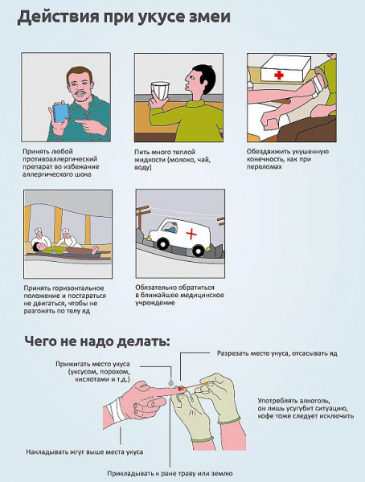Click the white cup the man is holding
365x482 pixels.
click(159, 91)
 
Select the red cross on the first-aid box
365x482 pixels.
click(279, 75)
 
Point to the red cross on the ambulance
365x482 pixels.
click(191, 235)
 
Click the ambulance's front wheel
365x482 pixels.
click(162, 243)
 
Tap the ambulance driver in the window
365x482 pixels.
click(171, 227)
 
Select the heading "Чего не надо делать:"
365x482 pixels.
click(97, 341)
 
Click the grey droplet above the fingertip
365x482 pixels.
click(170, 382)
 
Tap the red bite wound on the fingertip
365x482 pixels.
click(180, 389)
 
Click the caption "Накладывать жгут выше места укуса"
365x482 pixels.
click(84, 451)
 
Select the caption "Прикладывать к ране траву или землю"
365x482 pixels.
click(170, 473)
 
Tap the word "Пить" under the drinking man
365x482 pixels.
click(141, 152)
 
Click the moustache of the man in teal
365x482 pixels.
click(80, 92)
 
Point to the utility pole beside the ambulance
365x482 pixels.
click(141, 221)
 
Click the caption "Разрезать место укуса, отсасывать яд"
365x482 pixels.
click(277, 353)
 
